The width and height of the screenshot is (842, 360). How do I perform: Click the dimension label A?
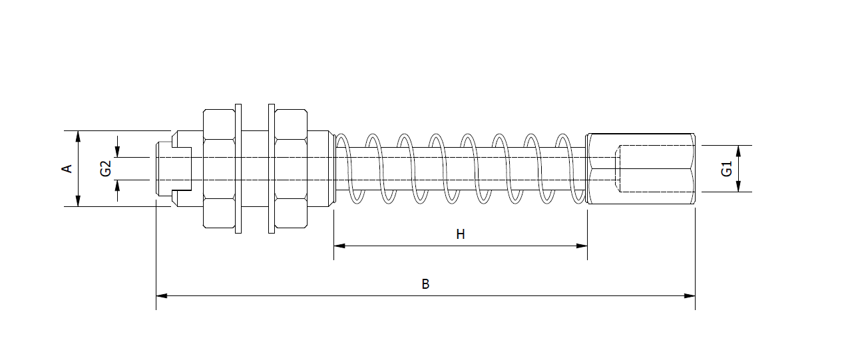click(67, 168)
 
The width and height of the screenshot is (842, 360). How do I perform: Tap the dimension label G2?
click(106, 168)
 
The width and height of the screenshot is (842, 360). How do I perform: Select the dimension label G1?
click(726, 169)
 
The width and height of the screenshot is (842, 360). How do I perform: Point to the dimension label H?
click(460, 234)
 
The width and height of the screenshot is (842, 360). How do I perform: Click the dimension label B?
click(425, 284)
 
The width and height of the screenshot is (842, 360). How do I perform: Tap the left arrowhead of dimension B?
click(161, 295)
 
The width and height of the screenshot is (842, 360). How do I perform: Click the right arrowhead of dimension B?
click(690, 295)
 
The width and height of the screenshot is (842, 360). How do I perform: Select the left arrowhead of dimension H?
click(339, 246)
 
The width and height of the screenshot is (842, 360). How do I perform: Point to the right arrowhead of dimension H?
click(582, 246)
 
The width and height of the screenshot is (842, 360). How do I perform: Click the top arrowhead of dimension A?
click(79, 136)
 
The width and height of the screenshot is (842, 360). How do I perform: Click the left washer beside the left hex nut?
click(238, 168)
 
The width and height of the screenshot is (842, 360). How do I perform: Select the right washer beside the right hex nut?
click(271, 168)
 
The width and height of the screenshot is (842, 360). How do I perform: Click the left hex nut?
click(219, 168)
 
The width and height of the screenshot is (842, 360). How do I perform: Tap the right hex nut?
click(291, 168)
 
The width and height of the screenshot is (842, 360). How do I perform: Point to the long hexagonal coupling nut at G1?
click(640, 168)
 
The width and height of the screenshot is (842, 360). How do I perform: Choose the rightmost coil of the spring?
click(573, 168)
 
